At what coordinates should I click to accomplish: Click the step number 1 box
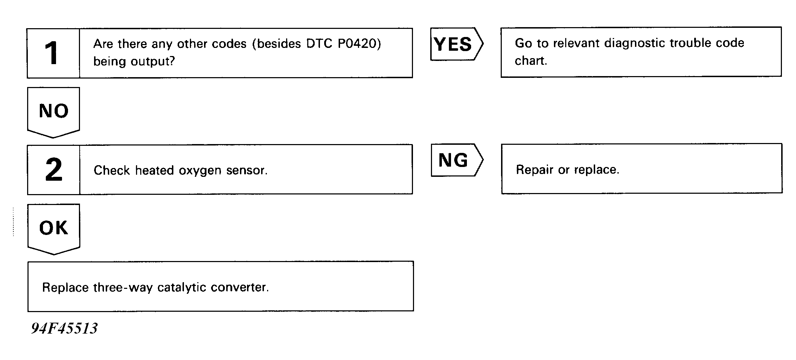point(53,53)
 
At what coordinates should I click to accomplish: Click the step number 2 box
point(54,169)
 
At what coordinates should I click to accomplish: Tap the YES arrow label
point(457,44)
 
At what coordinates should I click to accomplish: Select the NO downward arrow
point(54,112)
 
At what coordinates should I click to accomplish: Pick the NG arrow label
point(457,160)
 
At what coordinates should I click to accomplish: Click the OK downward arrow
point(54,229)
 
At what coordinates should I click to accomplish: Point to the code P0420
point(359,44)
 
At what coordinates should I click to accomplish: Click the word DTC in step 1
point(319,44)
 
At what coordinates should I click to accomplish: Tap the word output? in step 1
point(153,62)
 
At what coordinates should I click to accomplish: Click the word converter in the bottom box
point(240,287)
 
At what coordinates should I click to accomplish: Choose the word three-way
point(123,288)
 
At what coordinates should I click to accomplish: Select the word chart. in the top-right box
point(531,61)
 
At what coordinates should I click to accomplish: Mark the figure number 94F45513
point(64,328)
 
